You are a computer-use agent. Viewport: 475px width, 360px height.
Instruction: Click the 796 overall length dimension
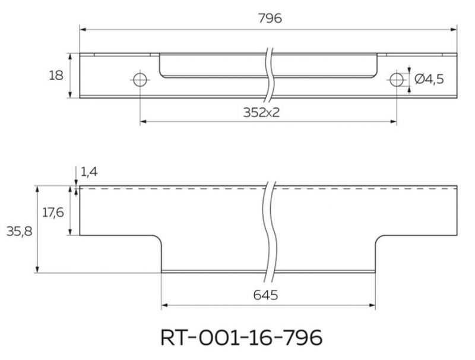(270, 18)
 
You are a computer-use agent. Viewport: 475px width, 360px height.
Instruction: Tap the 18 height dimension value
(56, 75)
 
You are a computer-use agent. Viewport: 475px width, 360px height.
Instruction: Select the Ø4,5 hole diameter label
(429, 80)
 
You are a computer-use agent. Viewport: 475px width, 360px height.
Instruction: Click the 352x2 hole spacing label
(261, 112)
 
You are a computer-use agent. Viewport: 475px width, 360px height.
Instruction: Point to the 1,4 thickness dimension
(89, 172)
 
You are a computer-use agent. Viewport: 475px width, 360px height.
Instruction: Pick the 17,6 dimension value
(53, 213)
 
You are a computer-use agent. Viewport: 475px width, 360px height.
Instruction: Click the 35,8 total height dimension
(20, 232)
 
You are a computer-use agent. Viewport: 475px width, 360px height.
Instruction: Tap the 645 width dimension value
(265, 295)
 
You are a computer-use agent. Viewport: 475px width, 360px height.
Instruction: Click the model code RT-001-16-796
(241, 337)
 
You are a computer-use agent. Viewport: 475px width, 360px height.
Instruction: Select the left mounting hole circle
(140, 73)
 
